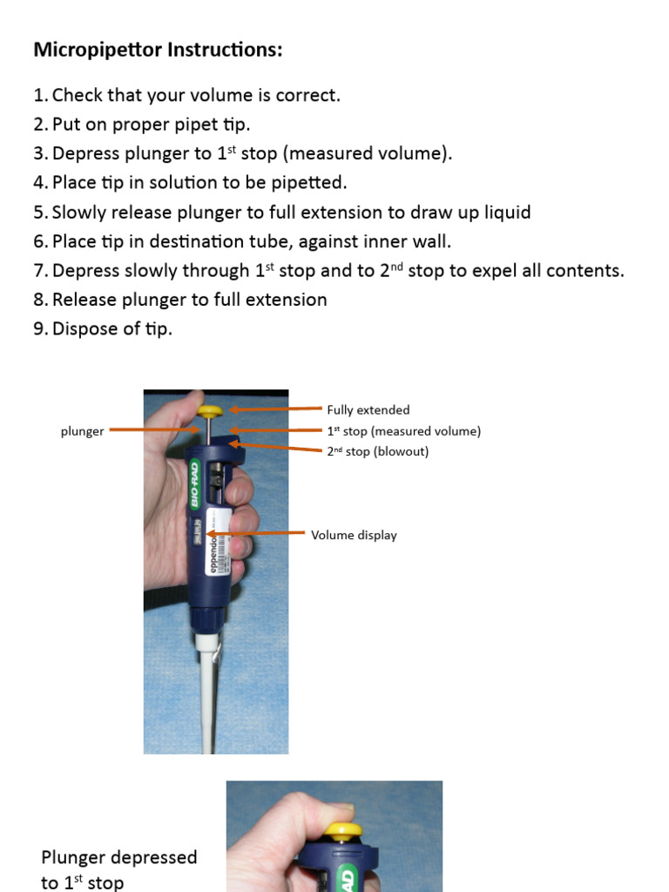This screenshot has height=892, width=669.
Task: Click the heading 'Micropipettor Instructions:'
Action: click(x=158, y=51)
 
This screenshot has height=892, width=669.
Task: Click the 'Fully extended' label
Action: click(x=368, y=409)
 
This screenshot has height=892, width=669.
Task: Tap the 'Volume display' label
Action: click(x=354, y=535)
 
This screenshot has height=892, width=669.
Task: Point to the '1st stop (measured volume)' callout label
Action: click(x=403, y=430)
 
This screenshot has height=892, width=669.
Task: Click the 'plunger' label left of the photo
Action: click(x=82, y=430)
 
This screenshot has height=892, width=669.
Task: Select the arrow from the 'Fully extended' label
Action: click(x=274, y=409)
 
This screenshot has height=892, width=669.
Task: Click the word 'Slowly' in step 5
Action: click(x=80, y=213)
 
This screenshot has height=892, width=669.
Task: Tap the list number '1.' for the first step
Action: click(x=41, y=95)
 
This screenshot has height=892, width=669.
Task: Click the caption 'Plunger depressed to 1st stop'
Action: click(x=119, y=869)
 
